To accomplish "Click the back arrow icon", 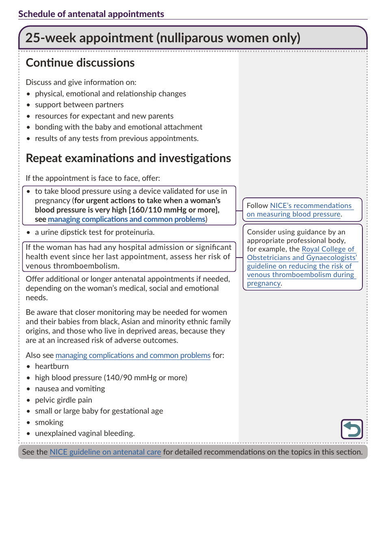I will click(x=351, y=429).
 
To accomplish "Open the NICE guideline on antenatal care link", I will click(x=105, y=452).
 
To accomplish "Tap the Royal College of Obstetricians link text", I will click(x=328, y=249).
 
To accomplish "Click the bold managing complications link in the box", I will click(x=126, y=219).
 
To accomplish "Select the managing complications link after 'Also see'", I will click(x=133, y=355).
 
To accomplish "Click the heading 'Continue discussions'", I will click(x=80, y=63).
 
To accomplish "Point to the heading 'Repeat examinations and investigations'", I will click(x=128, y=158).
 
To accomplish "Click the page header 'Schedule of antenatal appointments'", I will click(x=91, y=14).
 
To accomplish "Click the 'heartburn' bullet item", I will click(x=52, y=366).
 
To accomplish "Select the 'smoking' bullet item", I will click(x=49, y=422).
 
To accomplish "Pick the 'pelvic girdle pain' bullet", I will click(x=63, y=400).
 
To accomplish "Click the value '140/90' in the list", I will click(x=118, y=378).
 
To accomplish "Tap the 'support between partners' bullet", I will click(x=79, y=105).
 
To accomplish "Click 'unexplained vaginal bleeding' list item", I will click(x=85, y=433).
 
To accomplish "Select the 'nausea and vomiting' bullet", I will click(x=70, y=389).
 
